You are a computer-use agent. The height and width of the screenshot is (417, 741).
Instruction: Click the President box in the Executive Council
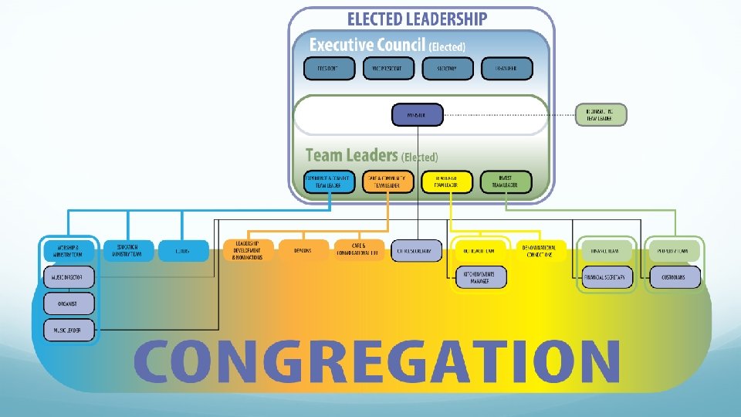pyautogui.click(x=330, y=68)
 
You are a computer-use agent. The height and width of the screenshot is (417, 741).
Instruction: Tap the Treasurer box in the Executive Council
pyautogui.click(x=507, y=68)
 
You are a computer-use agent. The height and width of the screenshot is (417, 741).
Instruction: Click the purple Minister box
pyautogui.click(x=418, y=115)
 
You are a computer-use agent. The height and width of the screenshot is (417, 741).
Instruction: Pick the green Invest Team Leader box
pyautogui.click(x=506, y=181)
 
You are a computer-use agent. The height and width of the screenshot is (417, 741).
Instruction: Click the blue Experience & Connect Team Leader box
pyautogui.click(x=330, y=181)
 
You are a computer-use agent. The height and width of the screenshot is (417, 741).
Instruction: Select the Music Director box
pyautogui.click(x=69, y=276)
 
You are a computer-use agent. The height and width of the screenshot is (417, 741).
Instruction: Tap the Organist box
pyautogui.click(x=69, y=303)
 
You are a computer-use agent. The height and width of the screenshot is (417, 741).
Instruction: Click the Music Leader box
pyautogui.click(x=69, y=331)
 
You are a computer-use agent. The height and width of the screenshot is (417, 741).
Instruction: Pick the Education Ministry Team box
pyautogui.click(x=127, y=251)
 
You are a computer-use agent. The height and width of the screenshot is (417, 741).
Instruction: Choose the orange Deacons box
pyautogui.click(x=302, y=251)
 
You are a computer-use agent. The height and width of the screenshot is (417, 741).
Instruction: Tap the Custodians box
pyautogui.click(x=675, y=277)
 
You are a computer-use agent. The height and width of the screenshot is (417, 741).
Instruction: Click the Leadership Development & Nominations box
pyautogui.click(x=248, y=251)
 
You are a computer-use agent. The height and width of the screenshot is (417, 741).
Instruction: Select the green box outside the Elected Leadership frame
pyautogui.click(x=601, y=115)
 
